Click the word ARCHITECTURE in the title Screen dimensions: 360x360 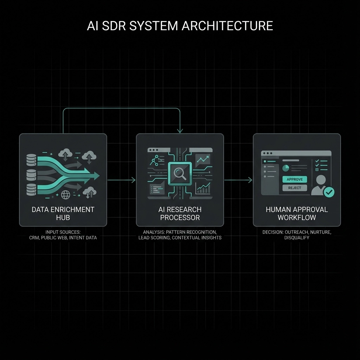[x=227, y=26]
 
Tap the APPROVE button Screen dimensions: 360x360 [x=295, y=179]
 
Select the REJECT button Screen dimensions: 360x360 [x=295, y=188]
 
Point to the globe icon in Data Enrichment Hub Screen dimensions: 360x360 [x=65, y=194]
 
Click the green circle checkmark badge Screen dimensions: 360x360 [x=329, y=192]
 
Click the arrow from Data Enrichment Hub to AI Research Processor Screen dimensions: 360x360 [x=121, y=180]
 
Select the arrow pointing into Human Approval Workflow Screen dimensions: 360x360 [x=238, y=180]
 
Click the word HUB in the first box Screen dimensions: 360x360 [x=63, y=218]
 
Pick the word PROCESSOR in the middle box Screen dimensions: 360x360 [x=180, y=218]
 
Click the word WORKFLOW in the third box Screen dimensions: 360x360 [x=297, y=218]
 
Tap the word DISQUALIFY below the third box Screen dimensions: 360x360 [x=297, y=238]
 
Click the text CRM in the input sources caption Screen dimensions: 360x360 [x=34, y=238]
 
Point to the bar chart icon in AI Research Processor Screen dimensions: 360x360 [x=204, y=188]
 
